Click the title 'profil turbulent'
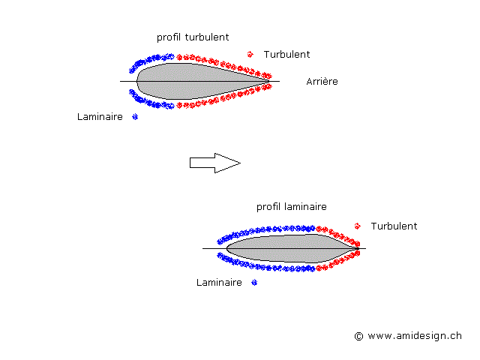pyautogui.click(x=193, y=37)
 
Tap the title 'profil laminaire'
pyautogui.click(x=292, y=206)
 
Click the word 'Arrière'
pyautogui.click(x=322, y=81)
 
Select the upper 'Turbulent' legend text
pyautogui.click(x=286, y=55)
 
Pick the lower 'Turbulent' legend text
pyautogui.click(x=394, y=226)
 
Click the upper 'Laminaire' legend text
pyautogui.click(x=100, y=117)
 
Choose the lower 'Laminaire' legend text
pyautogui.click(x=219, y=283)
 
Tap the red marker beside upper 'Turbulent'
pyautogui.click(x=250, y=54)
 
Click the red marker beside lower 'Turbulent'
pyautogui.click(x=357, y=226)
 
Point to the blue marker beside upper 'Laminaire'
pyautogui.click(x=135, y=116)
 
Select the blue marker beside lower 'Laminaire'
pyautogui.click(x=254, y=283)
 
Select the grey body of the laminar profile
pyautogui.click(x=285, y=248)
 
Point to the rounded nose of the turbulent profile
pyautogui.click(x=138, y=81)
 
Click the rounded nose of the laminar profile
pyautogui.click(x=228, y=248)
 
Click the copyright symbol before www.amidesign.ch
pyautogui.click(x=358, y=337)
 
